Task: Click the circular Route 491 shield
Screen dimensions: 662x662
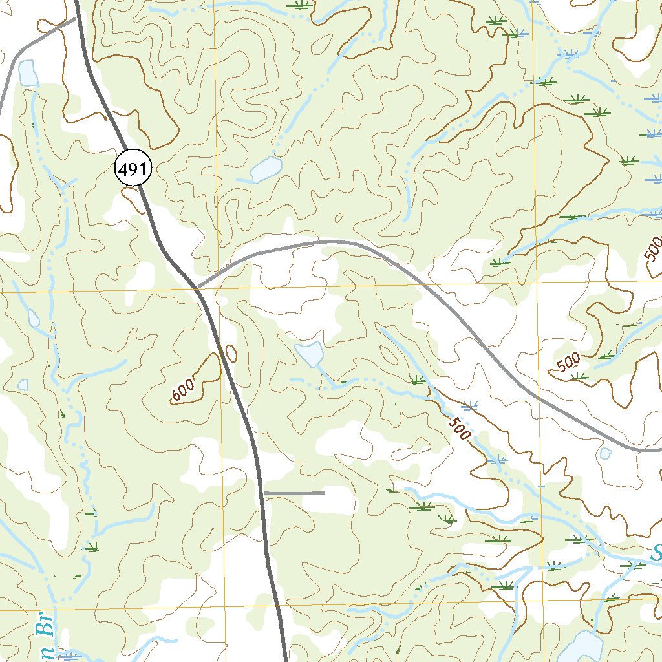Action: pyautogui.click(x=133, y=169)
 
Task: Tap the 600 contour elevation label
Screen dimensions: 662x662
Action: pyautogui.click(x=184, y=391)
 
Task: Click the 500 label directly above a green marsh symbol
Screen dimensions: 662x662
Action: pyautogui.click(x=569, y=363)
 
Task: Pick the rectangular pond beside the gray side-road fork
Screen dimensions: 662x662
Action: pyautogui.click(x=28, y=73)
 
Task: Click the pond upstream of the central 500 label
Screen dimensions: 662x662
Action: pyautogui.click(x=310, y=354)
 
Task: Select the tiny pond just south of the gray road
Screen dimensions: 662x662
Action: pyautogui.click(x=605, y=453)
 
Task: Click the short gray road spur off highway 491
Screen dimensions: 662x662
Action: pyautogui.click(x=295, y=493)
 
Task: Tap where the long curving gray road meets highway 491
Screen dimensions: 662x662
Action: pyautogui.click(x=198, y=286)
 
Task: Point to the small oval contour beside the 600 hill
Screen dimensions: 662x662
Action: pyautogui.click(x=231, y=353)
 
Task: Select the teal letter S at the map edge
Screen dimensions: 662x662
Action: pyautogui.click(x=656, y=553)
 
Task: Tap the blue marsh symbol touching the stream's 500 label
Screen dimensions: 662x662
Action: pyautogui.click(x=470, y=406)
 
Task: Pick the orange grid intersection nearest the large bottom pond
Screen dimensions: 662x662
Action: pyautogui.click(x=542, y=606)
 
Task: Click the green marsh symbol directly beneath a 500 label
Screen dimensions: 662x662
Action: pyautogui.click(x=579, y=376)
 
